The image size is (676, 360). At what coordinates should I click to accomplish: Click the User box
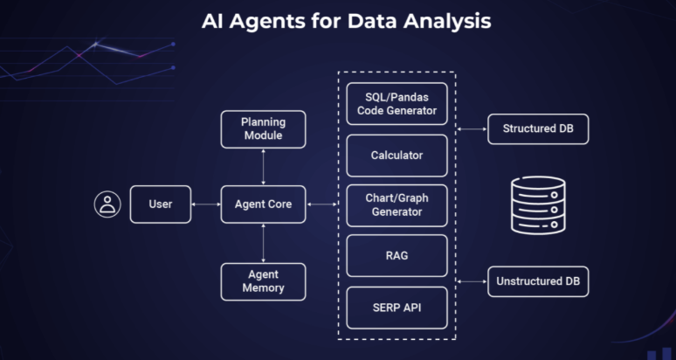click(161, 204)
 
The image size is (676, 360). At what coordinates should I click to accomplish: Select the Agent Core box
click(263, 204)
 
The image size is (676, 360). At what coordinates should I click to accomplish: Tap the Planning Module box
click(263, 129)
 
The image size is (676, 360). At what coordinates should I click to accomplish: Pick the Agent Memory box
click(263, 281)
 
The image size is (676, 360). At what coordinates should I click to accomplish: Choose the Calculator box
click(397, 156)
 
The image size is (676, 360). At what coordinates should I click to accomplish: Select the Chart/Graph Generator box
click(397, 204)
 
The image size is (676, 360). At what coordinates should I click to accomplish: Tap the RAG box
click(397, 256)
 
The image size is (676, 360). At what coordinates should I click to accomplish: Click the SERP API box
click(397, 308)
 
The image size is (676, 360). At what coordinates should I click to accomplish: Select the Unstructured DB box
click(538, 281)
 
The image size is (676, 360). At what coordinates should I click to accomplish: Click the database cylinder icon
click(538, 205)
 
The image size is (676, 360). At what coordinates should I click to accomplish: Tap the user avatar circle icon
click(107, 204)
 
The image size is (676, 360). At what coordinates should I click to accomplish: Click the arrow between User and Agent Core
click(206, 204)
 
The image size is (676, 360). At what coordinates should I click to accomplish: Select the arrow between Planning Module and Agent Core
click(263, 167)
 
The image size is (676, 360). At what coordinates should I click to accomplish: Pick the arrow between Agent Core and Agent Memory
click(263, 243)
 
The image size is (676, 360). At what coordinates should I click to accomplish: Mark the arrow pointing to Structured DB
click(472, 129)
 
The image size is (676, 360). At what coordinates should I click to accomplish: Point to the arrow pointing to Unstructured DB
click(472, 281)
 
